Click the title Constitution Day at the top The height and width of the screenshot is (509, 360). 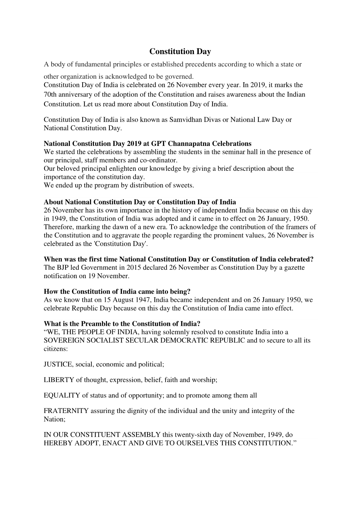tap(180, 52)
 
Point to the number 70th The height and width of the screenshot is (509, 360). tap(51, 95)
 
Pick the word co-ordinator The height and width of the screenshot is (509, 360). tap(160, 160)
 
